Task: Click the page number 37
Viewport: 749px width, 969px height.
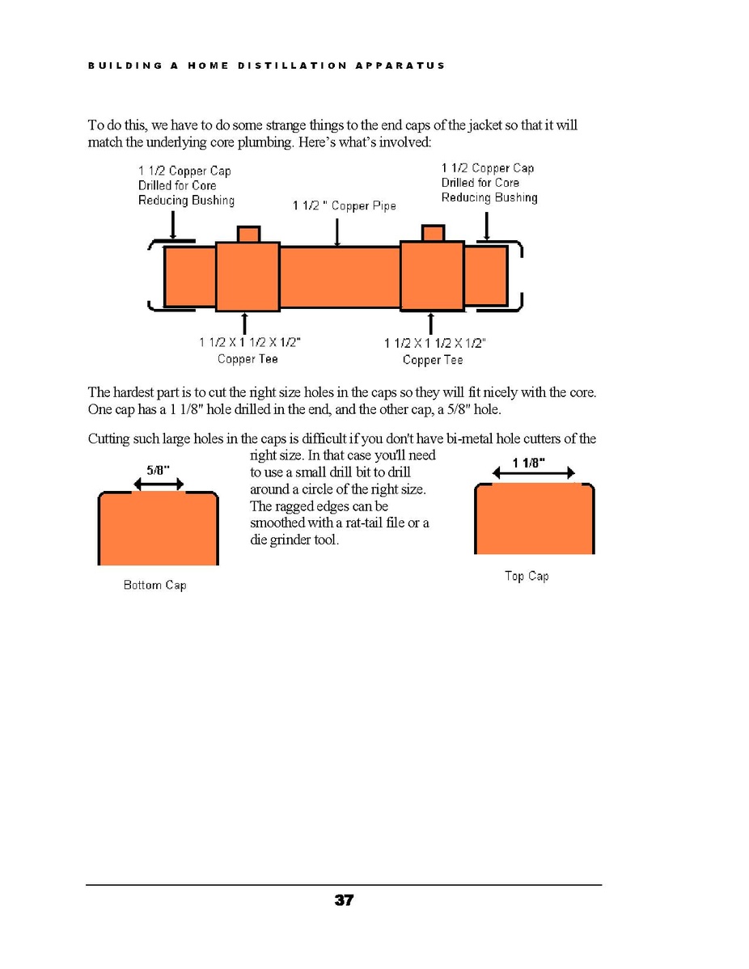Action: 344,899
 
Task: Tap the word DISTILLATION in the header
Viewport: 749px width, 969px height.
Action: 291,66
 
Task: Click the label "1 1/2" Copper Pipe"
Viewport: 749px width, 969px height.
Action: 345,206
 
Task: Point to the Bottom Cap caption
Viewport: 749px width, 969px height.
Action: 154,585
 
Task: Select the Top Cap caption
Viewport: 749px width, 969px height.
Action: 527,576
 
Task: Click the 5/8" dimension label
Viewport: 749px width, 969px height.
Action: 158,469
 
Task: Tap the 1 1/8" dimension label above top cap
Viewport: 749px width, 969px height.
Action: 530,462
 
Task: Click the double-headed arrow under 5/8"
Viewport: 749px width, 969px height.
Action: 159,484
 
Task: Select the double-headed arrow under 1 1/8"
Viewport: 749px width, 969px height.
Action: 533,474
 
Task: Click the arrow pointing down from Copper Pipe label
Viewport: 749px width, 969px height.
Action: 337,232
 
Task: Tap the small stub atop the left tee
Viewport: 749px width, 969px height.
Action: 248,234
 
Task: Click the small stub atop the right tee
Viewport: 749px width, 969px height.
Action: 434,233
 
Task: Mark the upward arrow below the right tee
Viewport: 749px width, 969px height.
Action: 430,324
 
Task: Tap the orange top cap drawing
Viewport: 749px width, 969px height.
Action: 535,519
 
